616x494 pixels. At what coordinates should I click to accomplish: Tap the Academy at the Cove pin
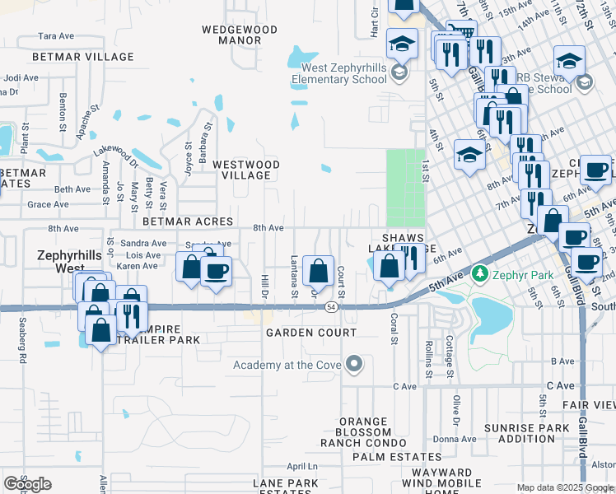(x=354, y=364)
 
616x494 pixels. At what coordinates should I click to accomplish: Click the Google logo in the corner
(x=27, y=483)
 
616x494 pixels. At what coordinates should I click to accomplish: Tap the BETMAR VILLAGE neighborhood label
(x=82, y=57)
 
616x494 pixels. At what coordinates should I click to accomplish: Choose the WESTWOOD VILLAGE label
(x=246, y=170)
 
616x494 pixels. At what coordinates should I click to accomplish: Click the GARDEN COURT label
(x=311, y=333)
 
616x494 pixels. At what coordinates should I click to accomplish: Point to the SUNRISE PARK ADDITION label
(x=526, y=433)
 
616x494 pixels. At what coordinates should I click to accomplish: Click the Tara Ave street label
(x=57, y=36)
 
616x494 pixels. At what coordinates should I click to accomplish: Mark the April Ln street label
(x=301, y=466)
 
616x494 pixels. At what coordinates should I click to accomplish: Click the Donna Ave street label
(x=449, y=439)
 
